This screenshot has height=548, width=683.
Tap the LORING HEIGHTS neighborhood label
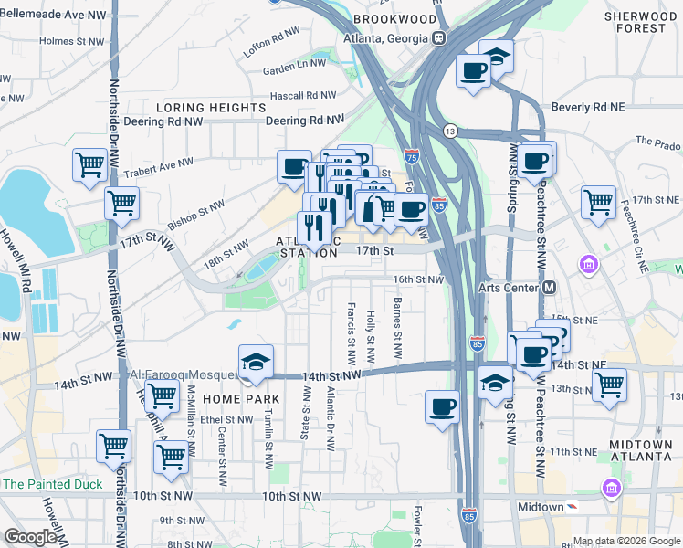[211, 108]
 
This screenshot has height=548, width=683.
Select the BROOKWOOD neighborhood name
[394, 18]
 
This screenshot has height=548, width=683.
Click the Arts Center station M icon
[550, 287]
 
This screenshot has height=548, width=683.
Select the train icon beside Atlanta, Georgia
[439, 37]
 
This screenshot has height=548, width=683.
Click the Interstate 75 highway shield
[412, 157]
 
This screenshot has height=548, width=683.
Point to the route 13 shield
[450, 132]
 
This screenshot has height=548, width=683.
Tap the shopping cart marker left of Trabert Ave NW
[90, 165]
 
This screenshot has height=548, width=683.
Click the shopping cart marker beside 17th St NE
[599, 201]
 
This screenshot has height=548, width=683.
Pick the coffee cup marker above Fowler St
[443, 406]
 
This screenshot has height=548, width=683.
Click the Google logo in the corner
[30, 537]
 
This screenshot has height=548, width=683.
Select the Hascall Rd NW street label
[302, 95]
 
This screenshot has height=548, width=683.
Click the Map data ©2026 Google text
[625, 540]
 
